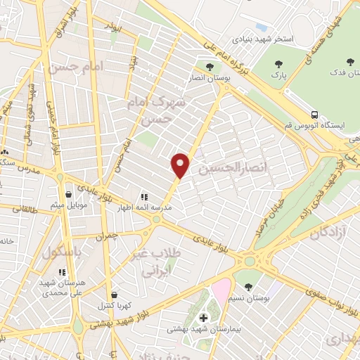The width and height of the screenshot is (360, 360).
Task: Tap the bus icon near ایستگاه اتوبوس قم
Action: [315, 114]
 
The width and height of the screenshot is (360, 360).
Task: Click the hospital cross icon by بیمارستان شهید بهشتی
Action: [204, 318]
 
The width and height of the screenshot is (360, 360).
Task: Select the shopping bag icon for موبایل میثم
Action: [68, 194]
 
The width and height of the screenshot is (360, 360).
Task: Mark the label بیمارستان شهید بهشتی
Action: [200, 328]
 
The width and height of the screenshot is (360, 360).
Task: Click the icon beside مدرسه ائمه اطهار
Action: [144, 198]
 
